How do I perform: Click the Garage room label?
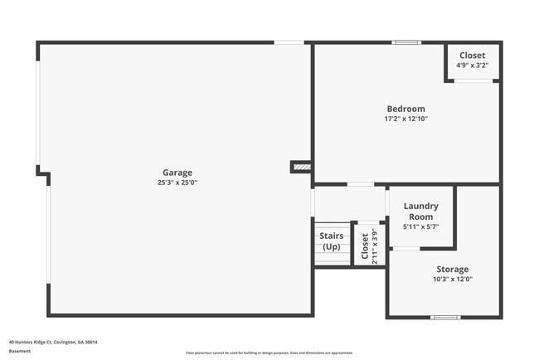pos(177,173)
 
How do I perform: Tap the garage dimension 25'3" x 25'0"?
pos(177,182)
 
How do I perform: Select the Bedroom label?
pos(405,109)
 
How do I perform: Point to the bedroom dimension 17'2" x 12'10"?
pos(405,119)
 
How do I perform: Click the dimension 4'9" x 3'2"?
pos(472,66)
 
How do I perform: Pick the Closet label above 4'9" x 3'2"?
pos(472,56)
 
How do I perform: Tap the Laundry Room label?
pos(420,211)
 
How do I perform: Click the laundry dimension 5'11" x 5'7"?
pos(420,226)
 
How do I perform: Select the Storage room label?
pos(453,269)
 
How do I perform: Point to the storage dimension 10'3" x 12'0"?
pos(453,279)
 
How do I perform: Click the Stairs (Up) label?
pos(332,241)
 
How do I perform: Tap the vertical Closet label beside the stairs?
pos(364,246)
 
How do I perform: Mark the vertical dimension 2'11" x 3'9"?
pos(374,246)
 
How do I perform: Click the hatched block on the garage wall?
pos(301,167)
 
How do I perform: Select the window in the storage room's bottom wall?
pos(445,316)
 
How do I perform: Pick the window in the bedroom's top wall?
pos(406,42)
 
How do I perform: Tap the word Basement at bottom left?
pos(20,351)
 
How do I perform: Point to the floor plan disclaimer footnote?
pos(269,353)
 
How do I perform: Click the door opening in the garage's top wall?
pos(289,42)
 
